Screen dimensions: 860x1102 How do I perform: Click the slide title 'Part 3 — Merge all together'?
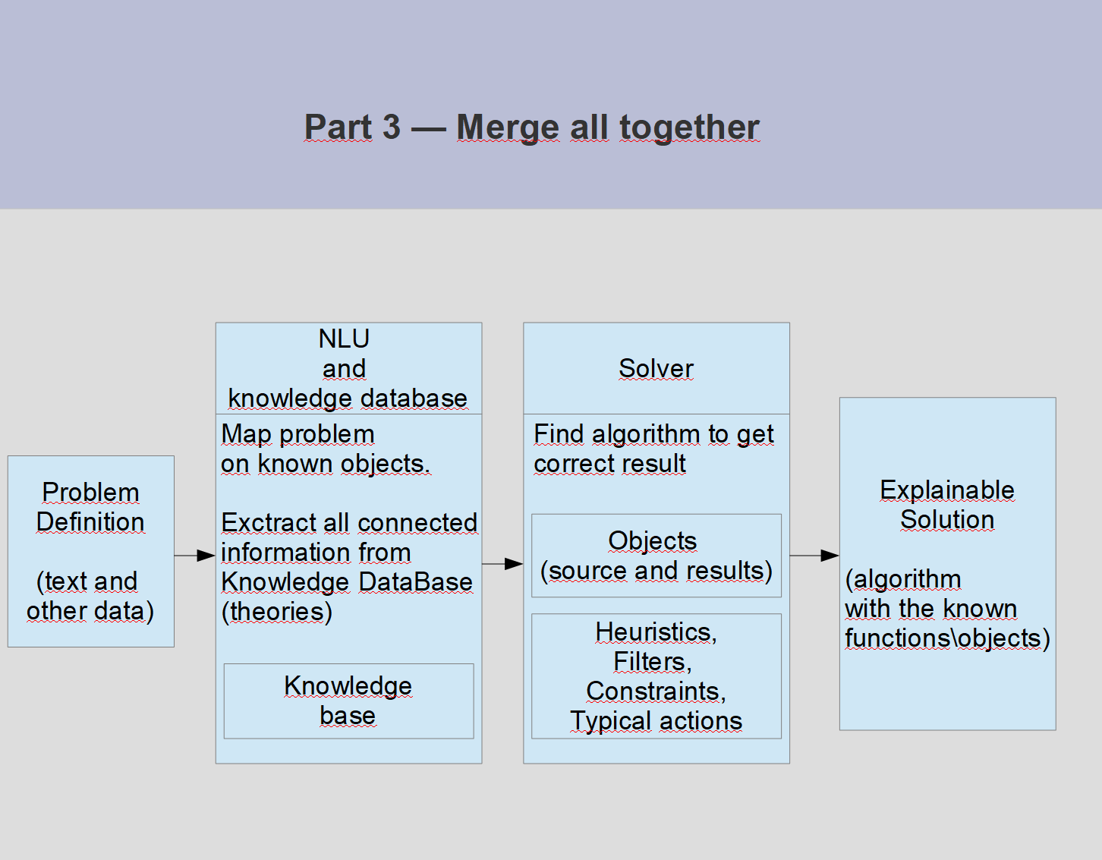point(531,127)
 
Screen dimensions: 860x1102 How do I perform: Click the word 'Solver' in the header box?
point(656,368)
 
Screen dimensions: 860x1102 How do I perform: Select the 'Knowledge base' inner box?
point(348,701)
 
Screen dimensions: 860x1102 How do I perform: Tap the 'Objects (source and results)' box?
point(656,556)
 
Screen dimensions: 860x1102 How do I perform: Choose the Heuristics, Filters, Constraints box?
point(656,676)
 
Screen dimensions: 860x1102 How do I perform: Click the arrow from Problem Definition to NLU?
point(195,556)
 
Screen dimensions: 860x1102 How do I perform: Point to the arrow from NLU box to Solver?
point(502,563)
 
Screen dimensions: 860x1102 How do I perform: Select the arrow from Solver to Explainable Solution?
point(814,556)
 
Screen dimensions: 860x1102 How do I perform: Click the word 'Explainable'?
point(946,490)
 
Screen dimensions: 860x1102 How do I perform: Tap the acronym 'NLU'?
point(344,339)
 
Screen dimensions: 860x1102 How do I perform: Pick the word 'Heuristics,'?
point(656,632)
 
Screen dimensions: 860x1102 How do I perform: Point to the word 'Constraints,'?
point(656,691)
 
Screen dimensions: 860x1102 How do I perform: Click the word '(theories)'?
point(276,612)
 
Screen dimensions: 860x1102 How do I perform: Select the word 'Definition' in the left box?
point(90,522)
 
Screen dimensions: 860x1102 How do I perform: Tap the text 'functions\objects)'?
point(946,638)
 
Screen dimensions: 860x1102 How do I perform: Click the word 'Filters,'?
point(653,662)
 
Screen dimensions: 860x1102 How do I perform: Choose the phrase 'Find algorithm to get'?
point(653,434)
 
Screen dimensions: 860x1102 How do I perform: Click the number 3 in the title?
point(391,127)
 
